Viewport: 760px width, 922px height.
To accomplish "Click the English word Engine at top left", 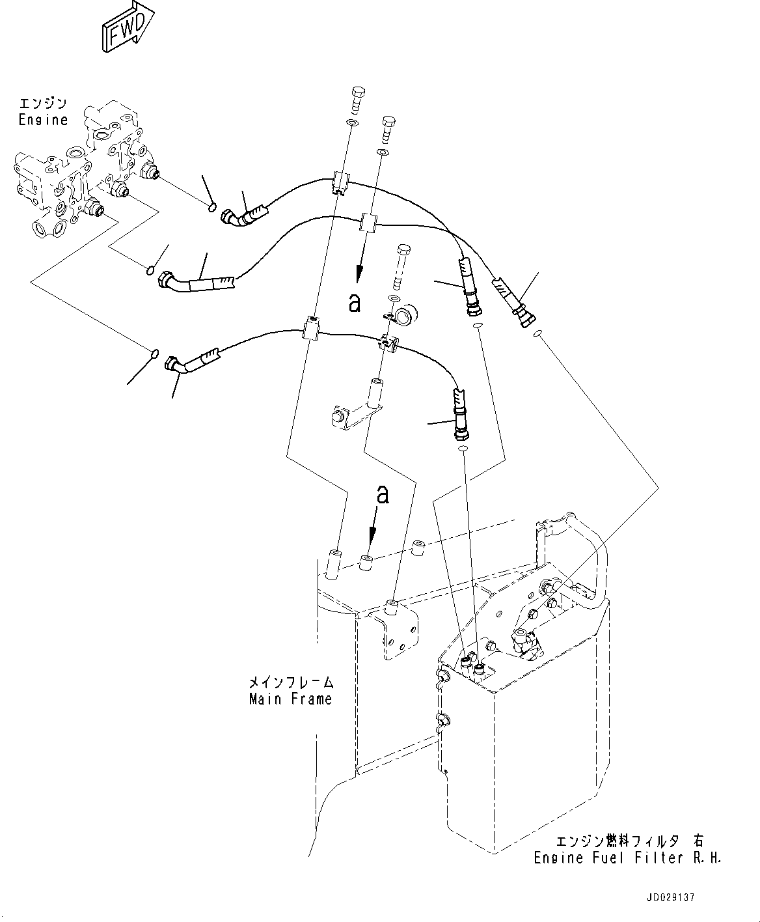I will (43, 120).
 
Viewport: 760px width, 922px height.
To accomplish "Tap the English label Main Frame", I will (290, 699).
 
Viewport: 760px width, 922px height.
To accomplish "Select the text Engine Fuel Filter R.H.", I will (627, 858).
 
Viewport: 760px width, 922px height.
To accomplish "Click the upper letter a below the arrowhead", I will (354, 302).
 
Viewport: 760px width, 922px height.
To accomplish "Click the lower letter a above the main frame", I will (383, 495).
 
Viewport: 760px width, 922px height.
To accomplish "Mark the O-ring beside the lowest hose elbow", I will (154, 354).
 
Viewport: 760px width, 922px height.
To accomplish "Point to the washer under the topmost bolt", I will (352, 123).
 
